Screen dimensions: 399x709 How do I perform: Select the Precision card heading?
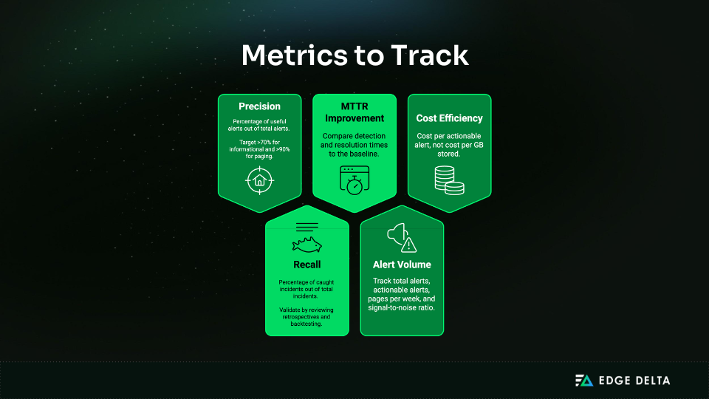coord(259,106)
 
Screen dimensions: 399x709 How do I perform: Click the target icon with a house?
coord(259,180)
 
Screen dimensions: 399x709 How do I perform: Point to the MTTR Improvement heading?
coord(354,112)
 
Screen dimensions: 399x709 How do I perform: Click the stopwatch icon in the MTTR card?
coord(354,181)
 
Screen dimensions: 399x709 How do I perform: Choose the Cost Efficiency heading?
coord(449,118)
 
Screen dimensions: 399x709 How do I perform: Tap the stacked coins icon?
coord(449,180)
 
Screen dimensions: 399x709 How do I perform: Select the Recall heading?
coord(306,265)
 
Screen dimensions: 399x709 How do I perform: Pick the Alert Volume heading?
coord(403,264)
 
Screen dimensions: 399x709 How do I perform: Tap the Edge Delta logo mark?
coord(584,381)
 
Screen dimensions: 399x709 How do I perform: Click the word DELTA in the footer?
coord(649,381)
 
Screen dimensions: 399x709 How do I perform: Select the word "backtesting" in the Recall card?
coord(306,323)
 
